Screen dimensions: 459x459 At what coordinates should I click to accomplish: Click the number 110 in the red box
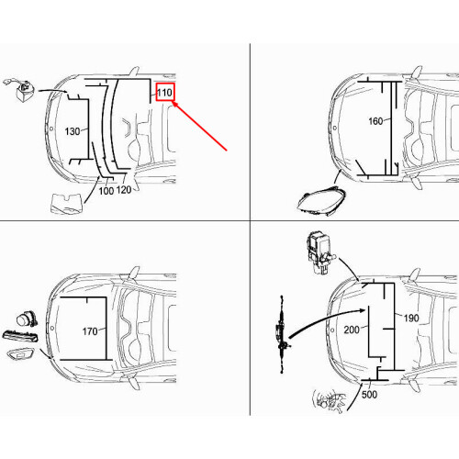click(x=164, y=93)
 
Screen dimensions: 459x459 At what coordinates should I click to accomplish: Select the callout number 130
click(x=73, y=131)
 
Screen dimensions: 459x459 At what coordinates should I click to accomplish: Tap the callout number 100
click(x=106, y=190)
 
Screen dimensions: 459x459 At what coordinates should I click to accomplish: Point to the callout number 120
click(x=124, y=190)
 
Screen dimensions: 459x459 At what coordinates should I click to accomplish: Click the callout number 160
click(x=375, y=120)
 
